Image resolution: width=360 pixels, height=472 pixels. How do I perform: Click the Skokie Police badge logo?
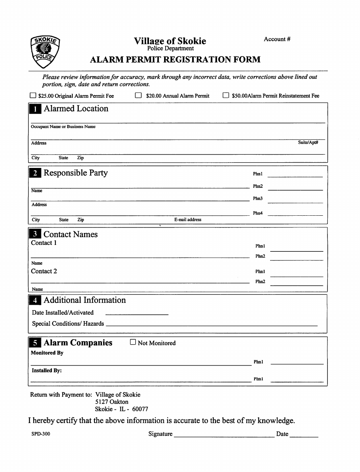(45, 52)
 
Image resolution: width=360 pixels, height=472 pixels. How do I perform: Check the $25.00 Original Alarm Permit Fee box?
(33, 96)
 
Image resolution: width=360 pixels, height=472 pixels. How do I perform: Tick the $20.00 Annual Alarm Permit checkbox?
(138, 96)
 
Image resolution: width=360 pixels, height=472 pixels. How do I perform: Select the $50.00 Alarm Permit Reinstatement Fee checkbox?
(225, 96)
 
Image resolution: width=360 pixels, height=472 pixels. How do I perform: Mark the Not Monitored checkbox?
(133, 342)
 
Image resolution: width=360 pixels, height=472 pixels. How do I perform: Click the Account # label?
(277, 39)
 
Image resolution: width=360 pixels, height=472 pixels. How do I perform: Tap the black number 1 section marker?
(35, 109)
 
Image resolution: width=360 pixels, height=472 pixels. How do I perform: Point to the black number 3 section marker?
(35, 234)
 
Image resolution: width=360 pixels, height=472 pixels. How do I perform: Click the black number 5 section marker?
(35, 343)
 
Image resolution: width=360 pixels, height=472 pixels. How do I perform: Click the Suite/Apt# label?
(308, 143)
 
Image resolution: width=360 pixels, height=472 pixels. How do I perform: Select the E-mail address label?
(188, 220)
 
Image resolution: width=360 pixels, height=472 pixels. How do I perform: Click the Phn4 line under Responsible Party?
(295, 215)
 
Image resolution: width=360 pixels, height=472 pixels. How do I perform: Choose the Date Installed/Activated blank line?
(136, 314)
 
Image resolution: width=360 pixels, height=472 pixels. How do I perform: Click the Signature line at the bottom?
(224, 437)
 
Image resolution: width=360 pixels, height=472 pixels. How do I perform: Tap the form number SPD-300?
(41, 434)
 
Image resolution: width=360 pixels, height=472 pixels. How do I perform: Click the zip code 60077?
(140, 409)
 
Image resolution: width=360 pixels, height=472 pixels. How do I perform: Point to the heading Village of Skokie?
(170, 41)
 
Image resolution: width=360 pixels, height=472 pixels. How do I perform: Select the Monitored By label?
(47, 353)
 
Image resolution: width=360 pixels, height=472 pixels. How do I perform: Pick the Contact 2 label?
(44, 271)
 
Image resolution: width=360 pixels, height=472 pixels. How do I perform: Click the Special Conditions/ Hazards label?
(68, 323)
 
